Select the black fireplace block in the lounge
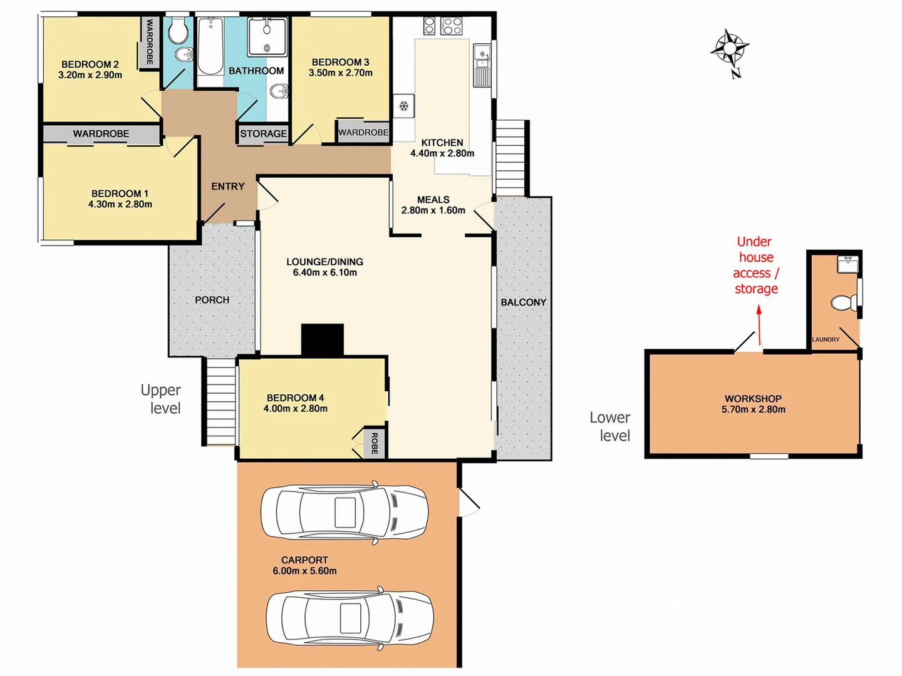323,340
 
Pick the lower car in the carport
350,618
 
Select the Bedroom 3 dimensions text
340,73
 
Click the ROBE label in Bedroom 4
375,443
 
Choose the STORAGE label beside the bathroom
263,133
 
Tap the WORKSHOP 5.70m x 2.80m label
753,404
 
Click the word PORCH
212,300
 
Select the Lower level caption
611,426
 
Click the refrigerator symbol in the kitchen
404,106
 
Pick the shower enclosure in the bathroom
267,37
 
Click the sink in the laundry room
848,264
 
